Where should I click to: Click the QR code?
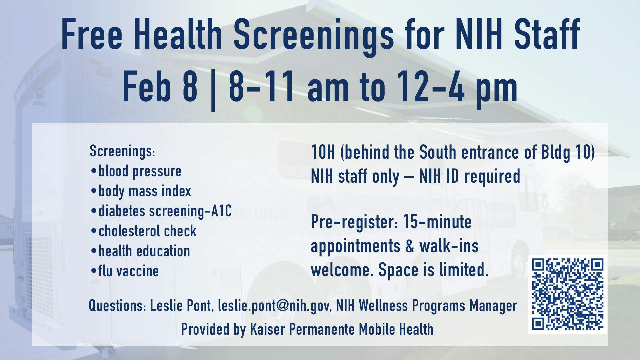click(x=567, y=294)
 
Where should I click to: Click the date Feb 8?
click(x=160, y=87)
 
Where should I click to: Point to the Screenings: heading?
click(x=122, y=151)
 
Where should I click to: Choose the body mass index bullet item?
click(x=144, y=191)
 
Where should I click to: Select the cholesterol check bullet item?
click(x=147, y=231)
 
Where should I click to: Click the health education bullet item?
click(x=144, y=251)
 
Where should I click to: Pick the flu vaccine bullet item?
click(x=128, y=271)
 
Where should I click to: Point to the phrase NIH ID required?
click(x=469, y=176)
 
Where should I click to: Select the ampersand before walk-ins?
click(x=410, y=247)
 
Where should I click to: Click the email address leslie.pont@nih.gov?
click(x=274, y=306)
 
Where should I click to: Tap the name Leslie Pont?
click(x=180, y=306)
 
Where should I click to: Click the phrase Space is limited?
click(x=433, y=270)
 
